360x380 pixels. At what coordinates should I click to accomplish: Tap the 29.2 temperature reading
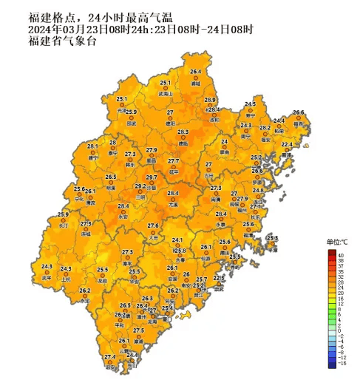tap(140, 186)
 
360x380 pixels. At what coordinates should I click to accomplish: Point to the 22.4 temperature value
tap(287, 145)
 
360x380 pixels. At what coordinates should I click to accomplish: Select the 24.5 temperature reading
tap(250, 104)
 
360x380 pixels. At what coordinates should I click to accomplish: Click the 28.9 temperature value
tap(210, 100)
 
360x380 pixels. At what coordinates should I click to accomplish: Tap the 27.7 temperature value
tap(173, 161)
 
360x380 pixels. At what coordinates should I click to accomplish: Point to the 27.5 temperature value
tap(138, 330)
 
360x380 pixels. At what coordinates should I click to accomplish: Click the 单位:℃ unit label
tap(337, 242)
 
